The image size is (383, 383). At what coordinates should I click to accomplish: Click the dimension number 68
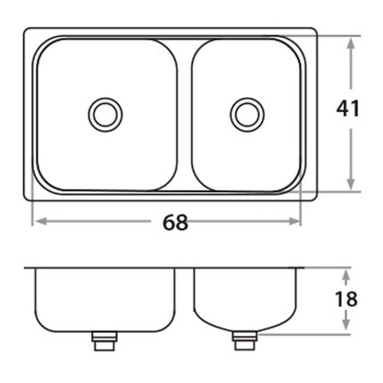coord(175,223)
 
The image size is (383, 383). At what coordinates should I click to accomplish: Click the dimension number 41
coord(348,109)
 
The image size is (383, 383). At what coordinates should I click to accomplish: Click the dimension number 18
coord(346,299)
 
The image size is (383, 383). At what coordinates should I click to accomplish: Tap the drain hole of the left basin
coord(105,113)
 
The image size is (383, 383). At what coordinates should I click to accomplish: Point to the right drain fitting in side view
coord(245,343)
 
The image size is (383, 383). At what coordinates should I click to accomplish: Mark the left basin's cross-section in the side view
coord(105,299)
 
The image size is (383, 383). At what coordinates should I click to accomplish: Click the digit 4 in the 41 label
coord(342,109)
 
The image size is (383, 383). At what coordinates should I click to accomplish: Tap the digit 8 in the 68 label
coord(182,223)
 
